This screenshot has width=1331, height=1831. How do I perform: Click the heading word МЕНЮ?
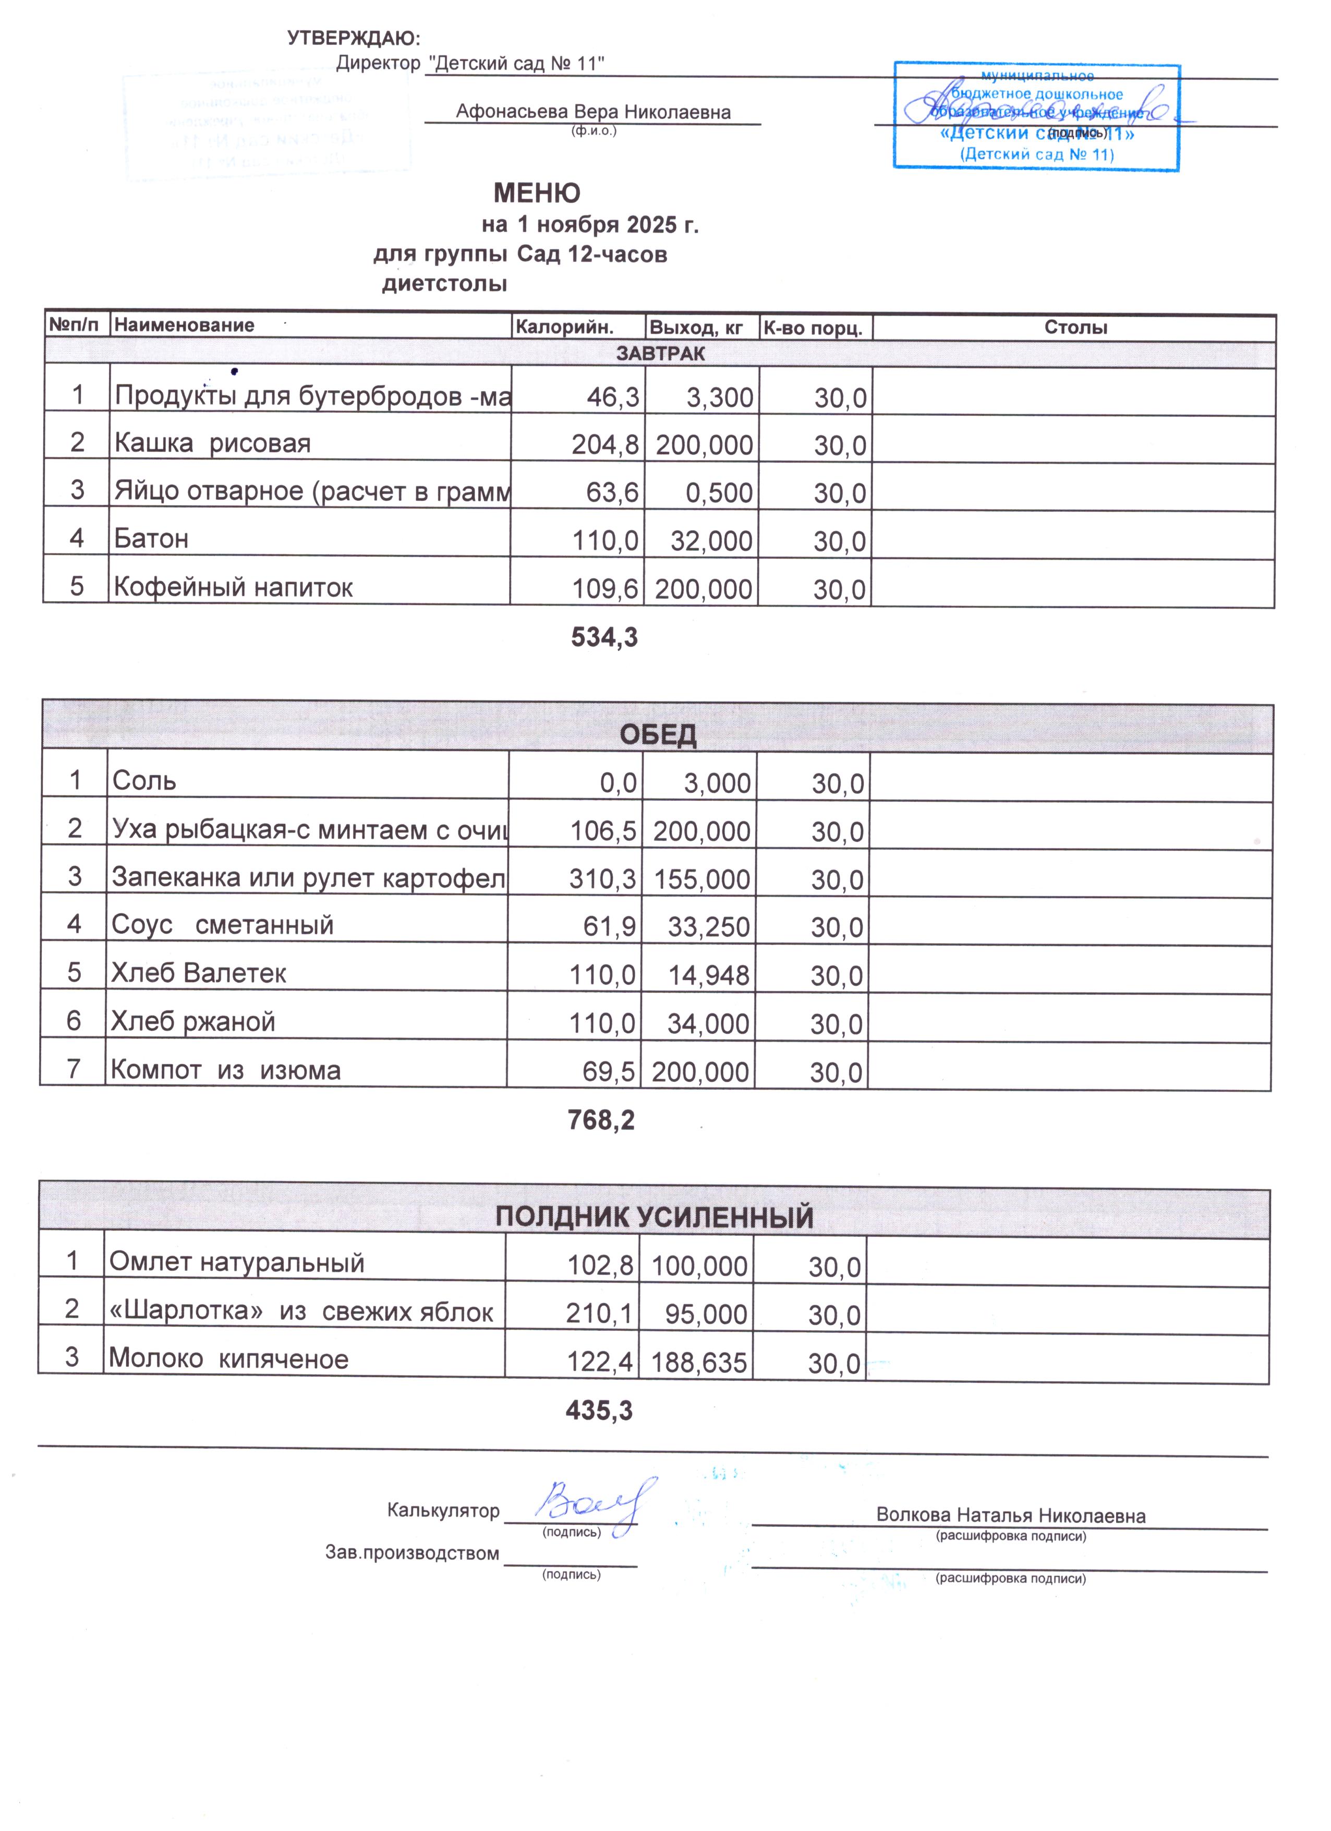(537, 193)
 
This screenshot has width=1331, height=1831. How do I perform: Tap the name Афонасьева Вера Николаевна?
(593, 112)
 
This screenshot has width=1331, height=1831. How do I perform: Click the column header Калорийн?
(564, 327)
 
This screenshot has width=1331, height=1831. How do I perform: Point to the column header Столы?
(1075, 327)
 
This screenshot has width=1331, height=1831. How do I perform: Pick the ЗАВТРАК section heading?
(660, 354)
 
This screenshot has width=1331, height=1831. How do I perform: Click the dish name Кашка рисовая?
(212, 443)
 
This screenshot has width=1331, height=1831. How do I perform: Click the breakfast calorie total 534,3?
(604, 638)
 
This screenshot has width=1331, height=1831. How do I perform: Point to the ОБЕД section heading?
(658, 734)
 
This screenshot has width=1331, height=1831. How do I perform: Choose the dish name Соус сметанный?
(223, 924)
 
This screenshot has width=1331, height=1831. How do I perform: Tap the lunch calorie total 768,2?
(601, 1120)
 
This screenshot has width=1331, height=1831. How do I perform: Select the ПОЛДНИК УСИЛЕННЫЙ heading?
(654, 1216)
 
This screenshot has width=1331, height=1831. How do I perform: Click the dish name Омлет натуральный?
(236, 1262)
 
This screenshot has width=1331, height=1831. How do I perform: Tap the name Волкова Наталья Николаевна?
(1011, 1515)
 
